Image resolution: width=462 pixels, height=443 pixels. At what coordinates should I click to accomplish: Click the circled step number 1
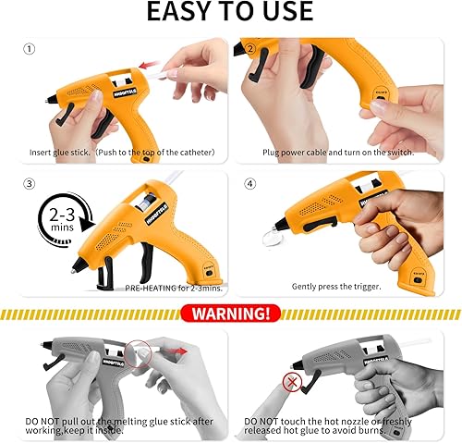(x=30, y=48)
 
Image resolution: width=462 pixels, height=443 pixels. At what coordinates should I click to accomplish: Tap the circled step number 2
(x=247, y=48)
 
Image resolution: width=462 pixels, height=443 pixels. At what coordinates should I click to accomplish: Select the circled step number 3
(x=30, y=183)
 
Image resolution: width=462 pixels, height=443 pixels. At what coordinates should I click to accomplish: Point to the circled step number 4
(x=247, y=183)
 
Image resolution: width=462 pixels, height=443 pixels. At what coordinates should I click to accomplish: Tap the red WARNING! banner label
(x=230, y=314)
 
